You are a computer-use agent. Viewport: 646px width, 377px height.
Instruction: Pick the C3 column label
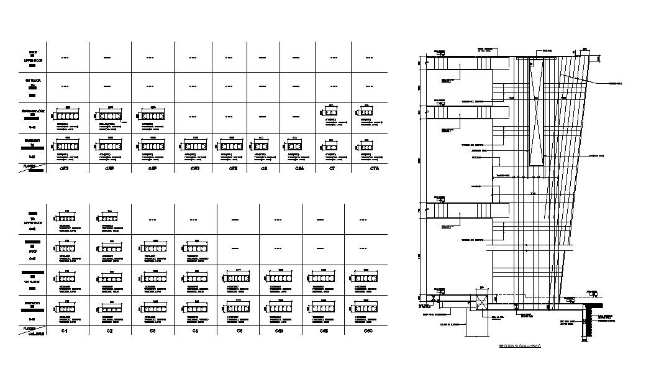[152, 332]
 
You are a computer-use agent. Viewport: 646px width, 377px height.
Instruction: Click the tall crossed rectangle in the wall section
[536, 112]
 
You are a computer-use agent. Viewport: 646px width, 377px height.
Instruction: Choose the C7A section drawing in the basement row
[363, 147]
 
